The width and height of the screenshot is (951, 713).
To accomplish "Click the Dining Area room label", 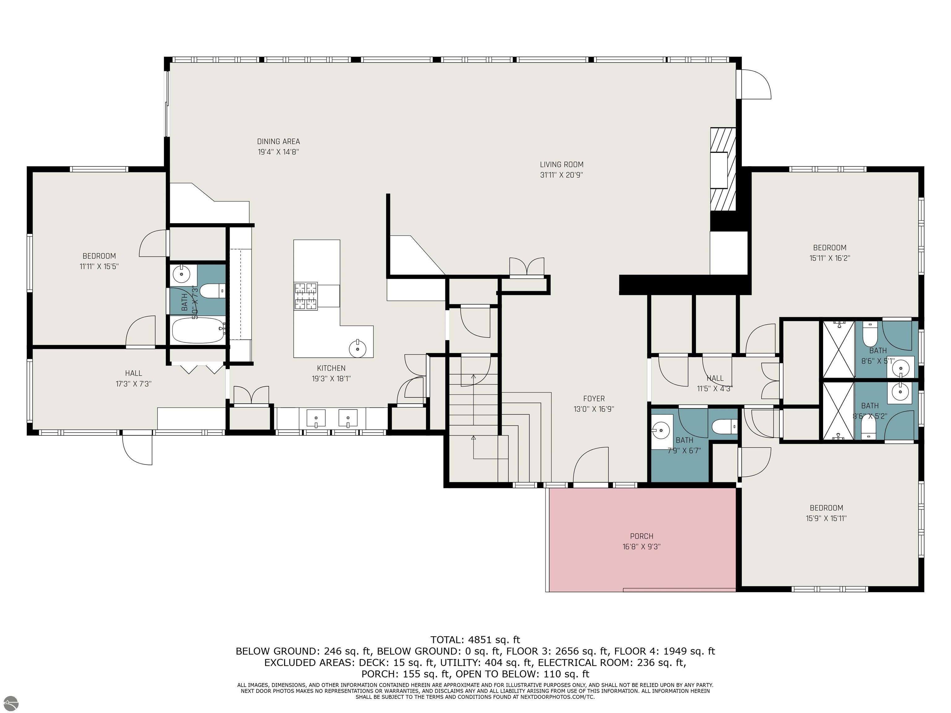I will (278, 141).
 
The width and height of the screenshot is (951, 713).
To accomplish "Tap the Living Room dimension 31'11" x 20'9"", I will (562, 175).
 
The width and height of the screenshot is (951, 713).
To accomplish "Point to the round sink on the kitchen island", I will (358, 348).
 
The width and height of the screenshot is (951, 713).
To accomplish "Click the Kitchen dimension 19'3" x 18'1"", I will (331, 379).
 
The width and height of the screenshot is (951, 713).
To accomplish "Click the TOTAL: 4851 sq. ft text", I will (475, 640).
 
